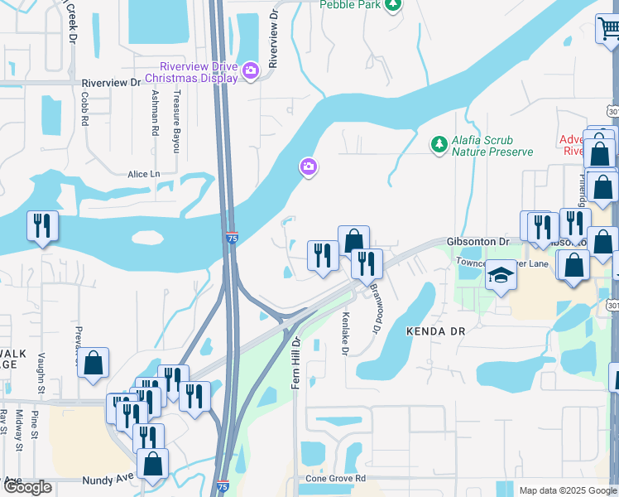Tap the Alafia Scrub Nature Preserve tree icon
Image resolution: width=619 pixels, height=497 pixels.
[438, 145]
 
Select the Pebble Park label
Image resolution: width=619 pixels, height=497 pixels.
[351, 4]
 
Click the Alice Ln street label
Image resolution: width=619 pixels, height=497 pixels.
[143, 174]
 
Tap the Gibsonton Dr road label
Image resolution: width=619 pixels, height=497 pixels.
[477, 241]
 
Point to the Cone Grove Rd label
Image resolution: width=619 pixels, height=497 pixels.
[336, 479]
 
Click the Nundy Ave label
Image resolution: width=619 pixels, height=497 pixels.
[108, 479]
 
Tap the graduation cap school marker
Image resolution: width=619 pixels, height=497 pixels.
[500, 274]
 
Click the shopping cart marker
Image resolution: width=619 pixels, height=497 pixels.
[608, 29]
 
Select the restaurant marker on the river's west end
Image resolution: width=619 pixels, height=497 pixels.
[41, 225]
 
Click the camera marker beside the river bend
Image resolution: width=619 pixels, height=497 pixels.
[308, 168]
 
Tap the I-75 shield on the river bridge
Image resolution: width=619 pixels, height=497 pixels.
[232, 237]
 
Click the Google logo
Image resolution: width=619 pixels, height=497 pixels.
[27, 487]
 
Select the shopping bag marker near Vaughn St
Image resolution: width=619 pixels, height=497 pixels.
[94, 362]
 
